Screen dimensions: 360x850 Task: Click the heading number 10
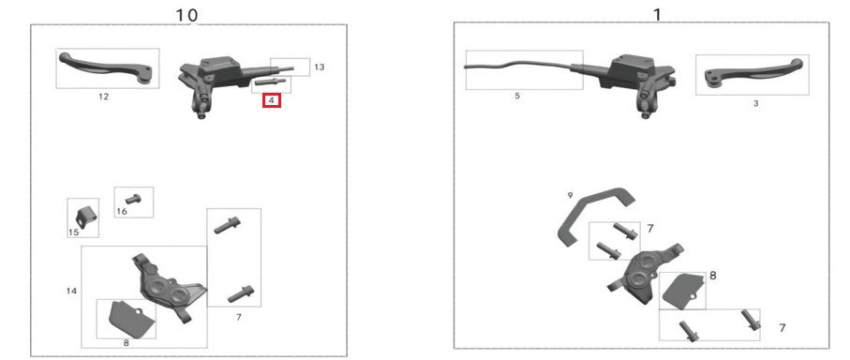pyautogui.click(x=187, y=15)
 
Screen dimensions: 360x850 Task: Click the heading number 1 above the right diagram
pyautogui.click(x=656, y=14)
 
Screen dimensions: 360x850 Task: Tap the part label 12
pyautogui.click(x=104, y=97)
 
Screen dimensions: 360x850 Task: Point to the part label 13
pyautogui.click(x=320, y=67)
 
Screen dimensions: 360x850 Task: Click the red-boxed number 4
pyautogui.click(x=272, y=99)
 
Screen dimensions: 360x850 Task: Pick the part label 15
pyautogui.click(x=73, y=232)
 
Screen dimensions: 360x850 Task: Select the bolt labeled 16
pyautogui.click(x=132, y=198)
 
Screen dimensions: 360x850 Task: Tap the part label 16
pyautogui.click(x=122, y=212)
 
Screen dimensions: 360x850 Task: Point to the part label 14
pyautogui.click(x=71, y=292)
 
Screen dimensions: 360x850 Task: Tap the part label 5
pyautogui.click(x=516, y=96)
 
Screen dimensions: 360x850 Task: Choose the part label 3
pyautogui.click(x=755, y=103)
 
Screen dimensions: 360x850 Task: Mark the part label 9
pyautogui.click(x=570, y=195)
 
